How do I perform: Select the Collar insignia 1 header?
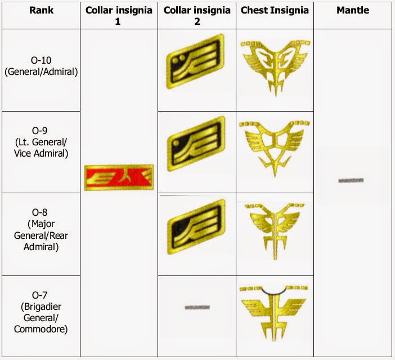click(x=118, y=15)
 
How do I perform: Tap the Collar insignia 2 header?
click(x=196, y=15)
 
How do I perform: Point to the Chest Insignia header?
click(x=275, y=10)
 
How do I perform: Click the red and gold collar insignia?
click(x=118, y=178)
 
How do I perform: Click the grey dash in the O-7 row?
click(x=197, y=308)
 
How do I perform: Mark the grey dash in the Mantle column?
click(x=351, y=180)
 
